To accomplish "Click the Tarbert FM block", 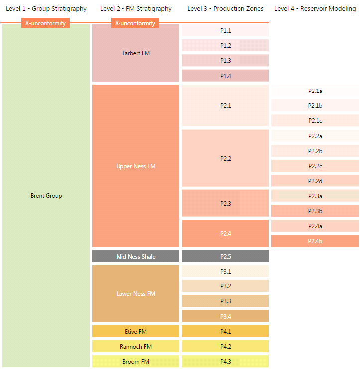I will pyautogui.click(x=135, y=53).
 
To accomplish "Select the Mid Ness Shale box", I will pyautogui.click(x=135, y=256).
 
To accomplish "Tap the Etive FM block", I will pyautogui.click(x=135, y=331).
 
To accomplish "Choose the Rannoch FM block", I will pyautogui.click(x=135, y=346).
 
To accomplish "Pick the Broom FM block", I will pyautogui.click(x=135, y=361).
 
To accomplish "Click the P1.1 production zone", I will pyautogui.click(x=225, y=31).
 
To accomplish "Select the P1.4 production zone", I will pyautogui.click(x=225, y=76).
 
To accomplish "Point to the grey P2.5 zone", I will pyautogui.click(x=225, y=256).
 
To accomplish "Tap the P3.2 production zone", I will pyautogui.click(x=225, y=286).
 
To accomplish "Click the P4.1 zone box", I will pyautogui.click(x=225, y=331).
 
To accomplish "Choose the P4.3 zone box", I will pyautogui.click(x=225, y=361).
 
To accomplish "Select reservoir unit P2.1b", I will pyautogui.click(x=315, y=105).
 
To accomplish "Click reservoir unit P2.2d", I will pyautogui.click(x=315, y=181).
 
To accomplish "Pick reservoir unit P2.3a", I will pyautogui.click(x=315, y=196).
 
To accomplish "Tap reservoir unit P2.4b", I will pyautogui.click(x=315, y=241).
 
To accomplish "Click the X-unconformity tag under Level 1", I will pyautogui.click(x=45, y=23).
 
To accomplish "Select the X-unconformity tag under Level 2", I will pyautogui.click(x=135, y=23).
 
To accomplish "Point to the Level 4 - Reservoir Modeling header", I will pyautogui.click(x=315, y=9).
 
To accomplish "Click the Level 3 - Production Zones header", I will pyautogui.click(x=226, y=9).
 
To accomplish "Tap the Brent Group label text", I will pyautogui.click(x=46, y=196).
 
